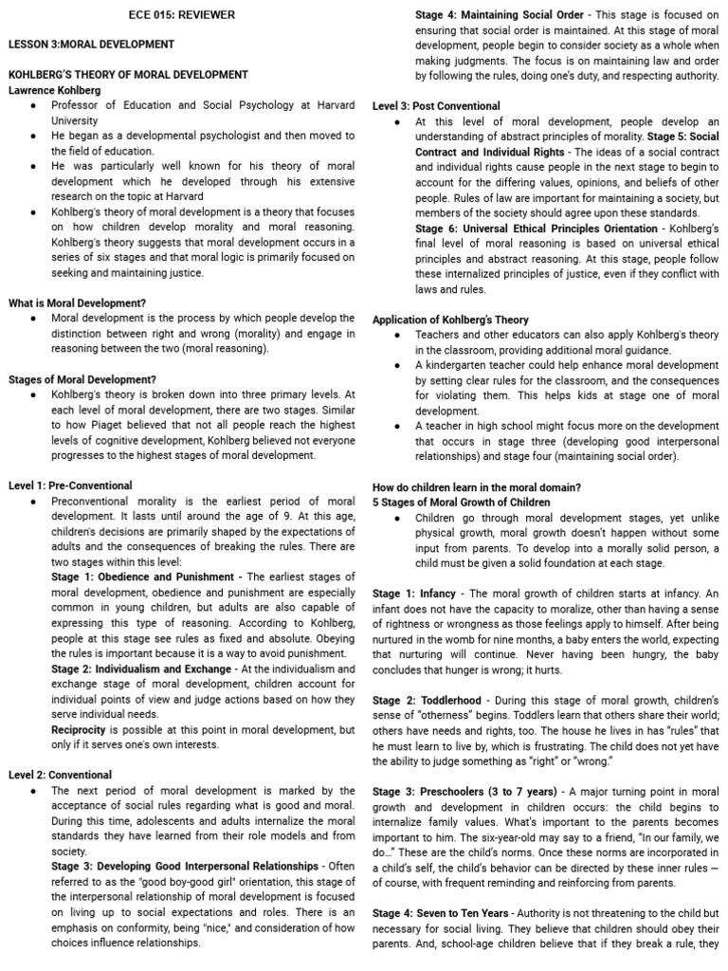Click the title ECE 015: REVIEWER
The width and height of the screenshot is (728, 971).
(181, 15)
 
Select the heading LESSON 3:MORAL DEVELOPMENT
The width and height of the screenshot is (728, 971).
(91, 45)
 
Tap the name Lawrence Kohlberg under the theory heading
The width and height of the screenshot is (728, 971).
(54, 90)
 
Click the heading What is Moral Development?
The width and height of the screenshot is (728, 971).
(77, 303)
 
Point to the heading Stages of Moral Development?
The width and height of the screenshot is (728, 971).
(82, 379)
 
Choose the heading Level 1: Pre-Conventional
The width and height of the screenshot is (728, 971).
(70, 485)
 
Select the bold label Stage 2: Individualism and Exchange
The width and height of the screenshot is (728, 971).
(141, 669)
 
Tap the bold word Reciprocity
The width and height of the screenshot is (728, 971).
(79, 730)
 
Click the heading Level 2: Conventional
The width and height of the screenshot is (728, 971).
(60, 776)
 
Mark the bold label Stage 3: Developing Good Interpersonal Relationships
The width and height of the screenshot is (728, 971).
(185, 867)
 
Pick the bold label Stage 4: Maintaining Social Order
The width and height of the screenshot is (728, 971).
(500, 15)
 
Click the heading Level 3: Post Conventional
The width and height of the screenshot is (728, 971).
(436, 106)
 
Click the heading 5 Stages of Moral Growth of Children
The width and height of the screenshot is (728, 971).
(461, 502)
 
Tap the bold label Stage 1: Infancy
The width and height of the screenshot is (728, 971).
(414, 594)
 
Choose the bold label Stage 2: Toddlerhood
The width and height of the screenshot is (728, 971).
(428, 700)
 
